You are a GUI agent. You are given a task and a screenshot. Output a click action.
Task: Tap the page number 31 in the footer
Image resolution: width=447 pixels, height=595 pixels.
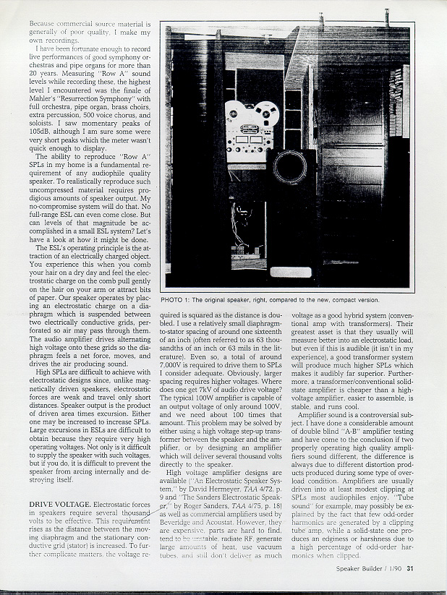[x=409, y=568]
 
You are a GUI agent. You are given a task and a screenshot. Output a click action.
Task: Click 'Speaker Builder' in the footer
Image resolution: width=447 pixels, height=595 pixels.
[x=360, y=568]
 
